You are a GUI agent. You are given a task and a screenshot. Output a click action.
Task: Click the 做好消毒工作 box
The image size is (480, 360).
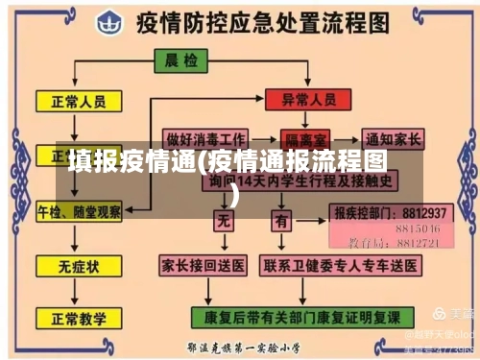click(205, 137)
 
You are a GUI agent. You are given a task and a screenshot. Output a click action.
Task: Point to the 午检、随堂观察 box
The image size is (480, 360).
click(79, 209)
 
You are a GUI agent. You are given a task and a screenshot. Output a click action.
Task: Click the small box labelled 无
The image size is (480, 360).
click(224, 222)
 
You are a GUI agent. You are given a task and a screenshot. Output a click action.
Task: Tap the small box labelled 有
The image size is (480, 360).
click(280, 222)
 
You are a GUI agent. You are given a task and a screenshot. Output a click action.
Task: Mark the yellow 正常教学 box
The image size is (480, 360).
click(78, 316)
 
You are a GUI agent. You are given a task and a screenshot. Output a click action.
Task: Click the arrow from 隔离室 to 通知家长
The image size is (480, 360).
click(347, 138)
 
